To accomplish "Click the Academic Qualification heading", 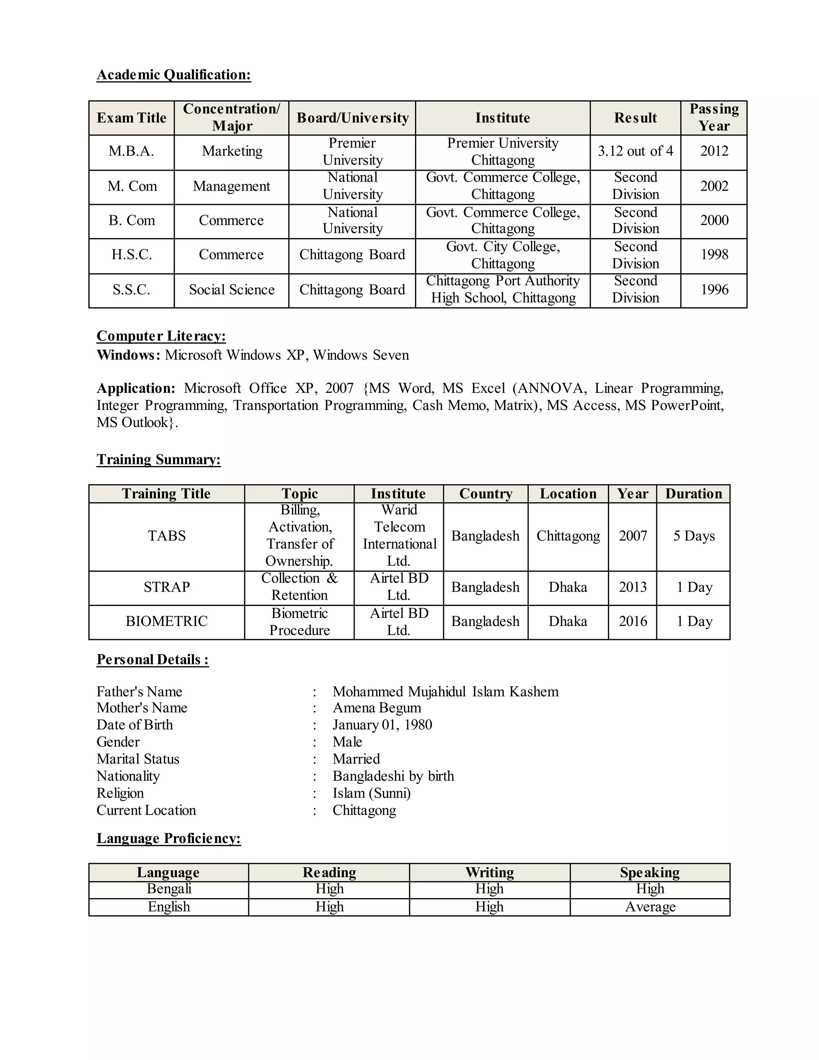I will (x=174, y=75).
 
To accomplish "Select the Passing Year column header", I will (x=714, y=118).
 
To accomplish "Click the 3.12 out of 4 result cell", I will (x=635, y=152).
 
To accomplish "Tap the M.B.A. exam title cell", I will (x=131, y=152).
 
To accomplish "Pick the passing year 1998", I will (x=714, y=255).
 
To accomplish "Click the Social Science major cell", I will (x=232, y=290).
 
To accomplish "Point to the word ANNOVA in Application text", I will (x=551, y=388).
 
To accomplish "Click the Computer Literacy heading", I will (x=161, y=336).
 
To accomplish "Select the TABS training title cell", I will (x=166, y=536).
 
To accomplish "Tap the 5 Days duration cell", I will (x=694, y=536).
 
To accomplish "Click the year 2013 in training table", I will (x=633, y=587).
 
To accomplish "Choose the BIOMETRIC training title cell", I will (x=166, y=621).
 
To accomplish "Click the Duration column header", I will (x=693, y=494).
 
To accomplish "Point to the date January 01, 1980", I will (x=382, y=725).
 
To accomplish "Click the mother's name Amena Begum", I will (x=377, y=708).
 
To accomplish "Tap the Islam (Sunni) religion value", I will (x=372, y=793).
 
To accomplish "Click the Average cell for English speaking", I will (x=650, y=907).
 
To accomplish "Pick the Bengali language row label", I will (x=169, y=889).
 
